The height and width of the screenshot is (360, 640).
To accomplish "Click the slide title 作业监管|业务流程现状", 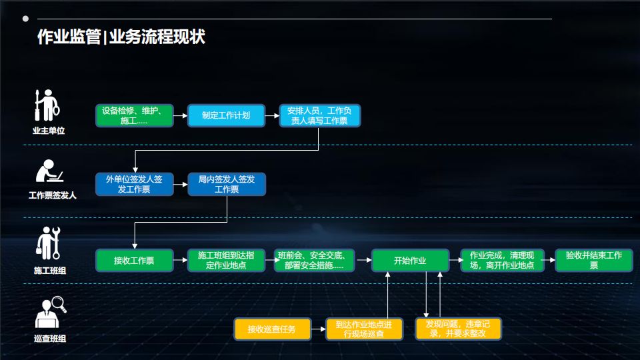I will pos(121,37).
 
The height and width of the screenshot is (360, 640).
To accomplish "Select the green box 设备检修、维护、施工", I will pos(135,115).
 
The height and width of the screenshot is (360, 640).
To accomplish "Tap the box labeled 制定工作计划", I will pos(226,115).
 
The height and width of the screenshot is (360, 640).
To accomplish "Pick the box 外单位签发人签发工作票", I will pos(135,185).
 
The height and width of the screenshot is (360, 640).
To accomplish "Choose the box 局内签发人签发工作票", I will pos(227,185).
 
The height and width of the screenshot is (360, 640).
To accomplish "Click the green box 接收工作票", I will pos(135,260).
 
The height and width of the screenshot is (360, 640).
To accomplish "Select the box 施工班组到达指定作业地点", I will pos(227,260).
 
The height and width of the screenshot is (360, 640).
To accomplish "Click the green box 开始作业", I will pos(410,260).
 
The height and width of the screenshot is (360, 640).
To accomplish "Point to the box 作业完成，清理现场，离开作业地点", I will pos(502,260).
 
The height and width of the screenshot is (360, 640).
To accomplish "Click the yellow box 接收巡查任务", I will pos(273,329).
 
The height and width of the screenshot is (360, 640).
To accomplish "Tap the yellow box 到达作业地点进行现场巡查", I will pos(365,329).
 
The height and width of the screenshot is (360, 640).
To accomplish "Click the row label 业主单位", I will pos(49,131).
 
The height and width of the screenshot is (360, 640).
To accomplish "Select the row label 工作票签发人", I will pos(52,195).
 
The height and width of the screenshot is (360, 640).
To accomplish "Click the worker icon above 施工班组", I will pos(49,243).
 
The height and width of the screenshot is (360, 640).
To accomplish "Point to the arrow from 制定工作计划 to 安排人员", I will pos(272,115).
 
